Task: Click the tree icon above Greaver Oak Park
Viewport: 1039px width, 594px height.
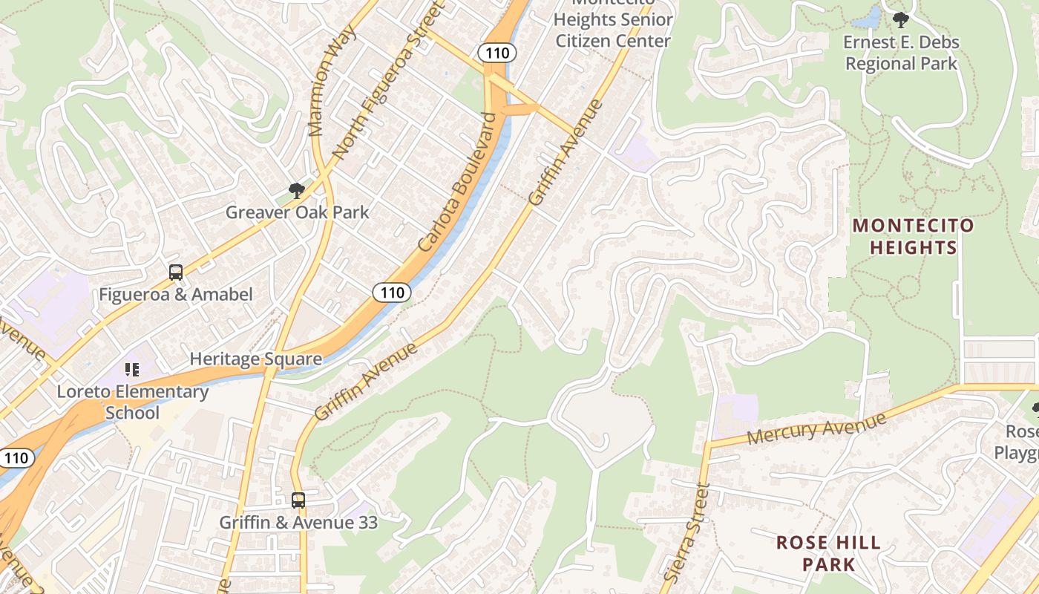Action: coord(297,191)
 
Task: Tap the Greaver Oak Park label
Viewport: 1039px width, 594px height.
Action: coord(297,212)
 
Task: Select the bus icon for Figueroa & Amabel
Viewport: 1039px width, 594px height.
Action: coord(176,272)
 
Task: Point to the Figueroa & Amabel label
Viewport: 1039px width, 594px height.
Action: coord(176,295)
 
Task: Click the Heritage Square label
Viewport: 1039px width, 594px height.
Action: coord(255,359)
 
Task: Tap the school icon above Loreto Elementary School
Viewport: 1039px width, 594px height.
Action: coord(132,369)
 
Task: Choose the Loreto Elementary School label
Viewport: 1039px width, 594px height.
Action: coord(133,402)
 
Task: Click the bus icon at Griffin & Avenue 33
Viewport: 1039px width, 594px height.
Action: coord(298,500)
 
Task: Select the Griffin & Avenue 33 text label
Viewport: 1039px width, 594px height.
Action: coord(298,523)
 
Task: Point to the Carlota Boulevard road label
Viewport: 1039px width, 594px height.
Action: coord(456,182)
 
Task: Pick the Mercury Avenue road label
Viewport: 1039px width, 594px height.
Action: coord(816,428)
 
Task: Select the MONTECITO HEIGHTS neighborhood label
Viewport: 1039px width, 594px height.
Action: coord(912,236)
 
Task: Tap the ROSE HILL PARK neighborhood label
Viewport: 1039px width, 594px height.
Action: coord(828,553)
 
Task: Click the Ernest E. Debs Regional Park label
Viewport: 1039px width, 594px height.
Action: coord(901,53)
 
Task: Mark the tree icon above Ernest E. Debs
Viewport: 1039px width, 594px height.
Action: coord(901,19)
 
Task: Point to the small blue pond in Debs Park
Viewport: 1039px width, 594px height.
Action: coord(868,17)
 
